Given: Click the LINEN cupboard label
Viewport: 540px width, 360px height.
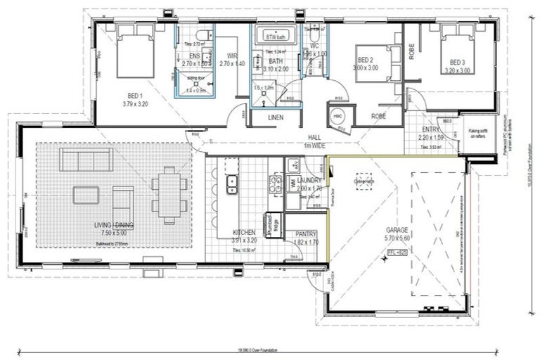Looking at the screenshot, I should (x=276, y=117).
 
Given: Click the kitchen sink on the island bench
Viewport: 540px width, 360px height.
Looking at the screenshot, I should (x=231, y=184).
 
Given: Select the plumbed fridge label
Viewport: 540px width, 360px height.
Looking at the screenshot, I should (x=271, y=224).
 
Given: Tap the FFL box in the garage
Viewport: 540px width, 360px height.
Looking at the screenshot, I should (x=397, y=250).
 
